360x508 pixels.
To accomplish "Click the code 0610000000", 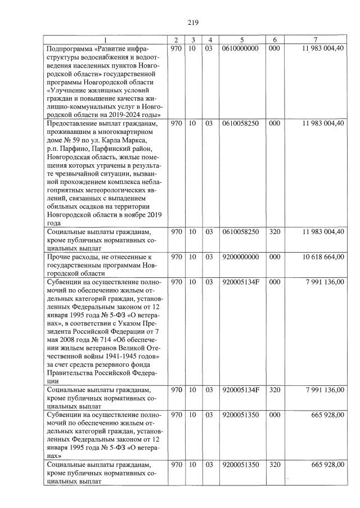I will (x=241, y=48).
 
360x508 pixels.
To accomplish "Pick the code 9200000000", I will (x=241, y=257).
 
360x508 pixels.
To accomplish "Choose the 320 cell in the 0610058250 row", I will (x=274, y=231).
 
